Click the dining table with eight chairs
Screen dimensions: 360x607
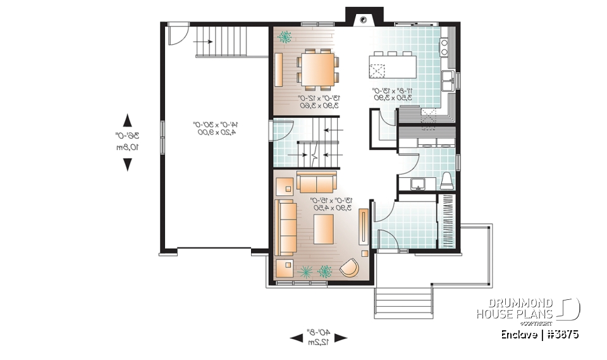(x=317, y=68)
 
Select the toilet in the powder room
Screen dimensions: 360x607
(x=446, y=180)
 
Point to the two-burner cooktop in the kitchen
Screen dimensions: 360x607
(x=445, y=44)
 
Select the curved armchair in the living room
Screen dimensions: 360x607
(x=348, y=268)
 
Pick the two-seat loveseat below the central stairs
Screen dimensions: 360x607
(x=317, y=182)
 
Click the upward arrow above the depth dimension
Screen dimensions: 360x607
(x=127, y=120)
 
